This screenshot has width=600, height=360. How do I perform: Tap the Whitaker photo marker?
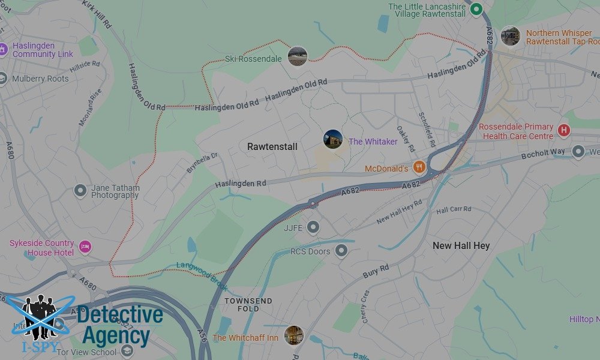tap(333, 140)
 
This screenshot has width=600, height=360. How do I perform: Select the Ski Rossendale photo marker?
tap(298, 56)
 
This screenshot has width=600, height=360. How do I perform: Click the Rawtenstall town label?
tap(272, 146)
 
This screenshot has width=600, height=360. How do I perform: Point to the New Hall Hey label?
tap(461, 245)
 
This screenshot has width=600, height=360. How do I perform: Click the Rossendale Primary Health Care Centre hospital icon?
tap(563, 130)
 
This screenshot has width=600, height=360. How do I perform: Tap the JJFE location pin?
tap(313, 227)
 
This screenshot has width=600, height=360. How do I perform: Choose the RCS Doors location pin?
tap(341, 250)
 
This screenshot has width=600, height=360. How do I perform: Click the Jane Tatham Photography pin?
tap(80, 191)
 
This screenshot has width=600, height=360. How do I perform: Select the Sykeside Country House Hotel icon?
tap(85, 246)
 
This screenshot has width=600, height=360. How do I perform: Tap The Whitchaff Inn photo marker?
tap(294, 335)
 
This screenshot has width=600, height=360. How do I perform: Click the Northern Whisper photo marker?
tap(510, 36)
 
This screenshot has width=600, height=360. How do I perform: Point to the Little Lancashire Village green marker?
tap(476, 9)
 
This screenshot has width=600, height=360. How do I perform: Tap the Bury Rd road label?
tap(377, 271)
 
